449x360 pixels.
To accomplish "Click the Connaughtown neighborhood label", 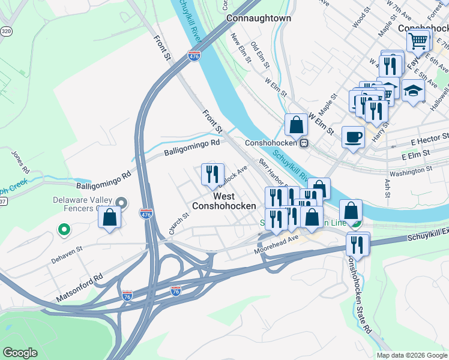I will point(259,19).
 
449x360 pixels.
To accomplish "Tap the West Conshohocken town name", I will point(223,201).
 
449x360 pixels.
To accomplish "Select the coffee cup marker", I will point(353,137).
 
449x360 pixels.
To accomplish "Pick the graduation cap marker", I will point(413,91).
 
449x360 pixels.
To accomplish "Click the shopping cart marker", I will point(418,41).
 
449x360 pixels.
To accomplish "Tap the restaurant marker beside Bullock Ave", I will point(212,174).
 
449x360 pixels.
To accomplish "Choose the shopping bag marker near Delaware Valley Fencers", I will point(109,218).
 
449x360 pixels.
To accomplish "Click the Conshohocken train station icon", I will point(305,143).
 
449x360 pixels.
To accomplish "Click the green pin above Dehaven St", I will point(62,229).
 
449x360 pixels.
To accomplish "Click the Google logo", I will point(20,353).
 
